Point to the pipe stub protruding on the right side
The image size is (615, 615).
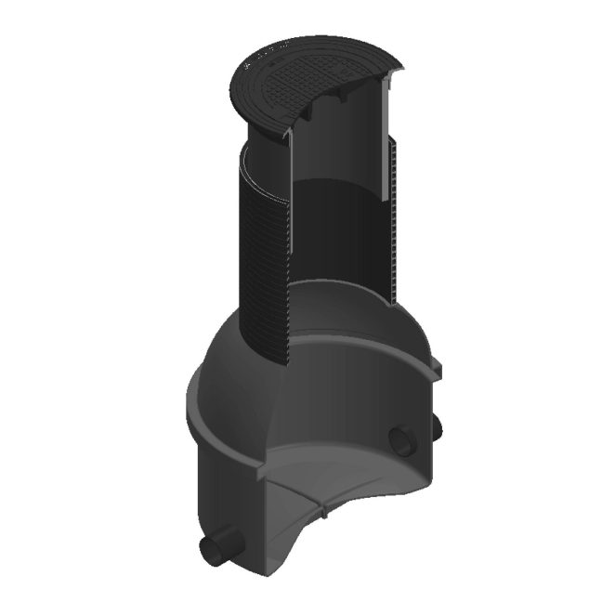436,429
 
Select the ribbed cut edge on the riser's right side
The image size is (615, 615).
394,223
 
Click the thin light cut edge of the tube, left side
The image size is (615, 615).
289,204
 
